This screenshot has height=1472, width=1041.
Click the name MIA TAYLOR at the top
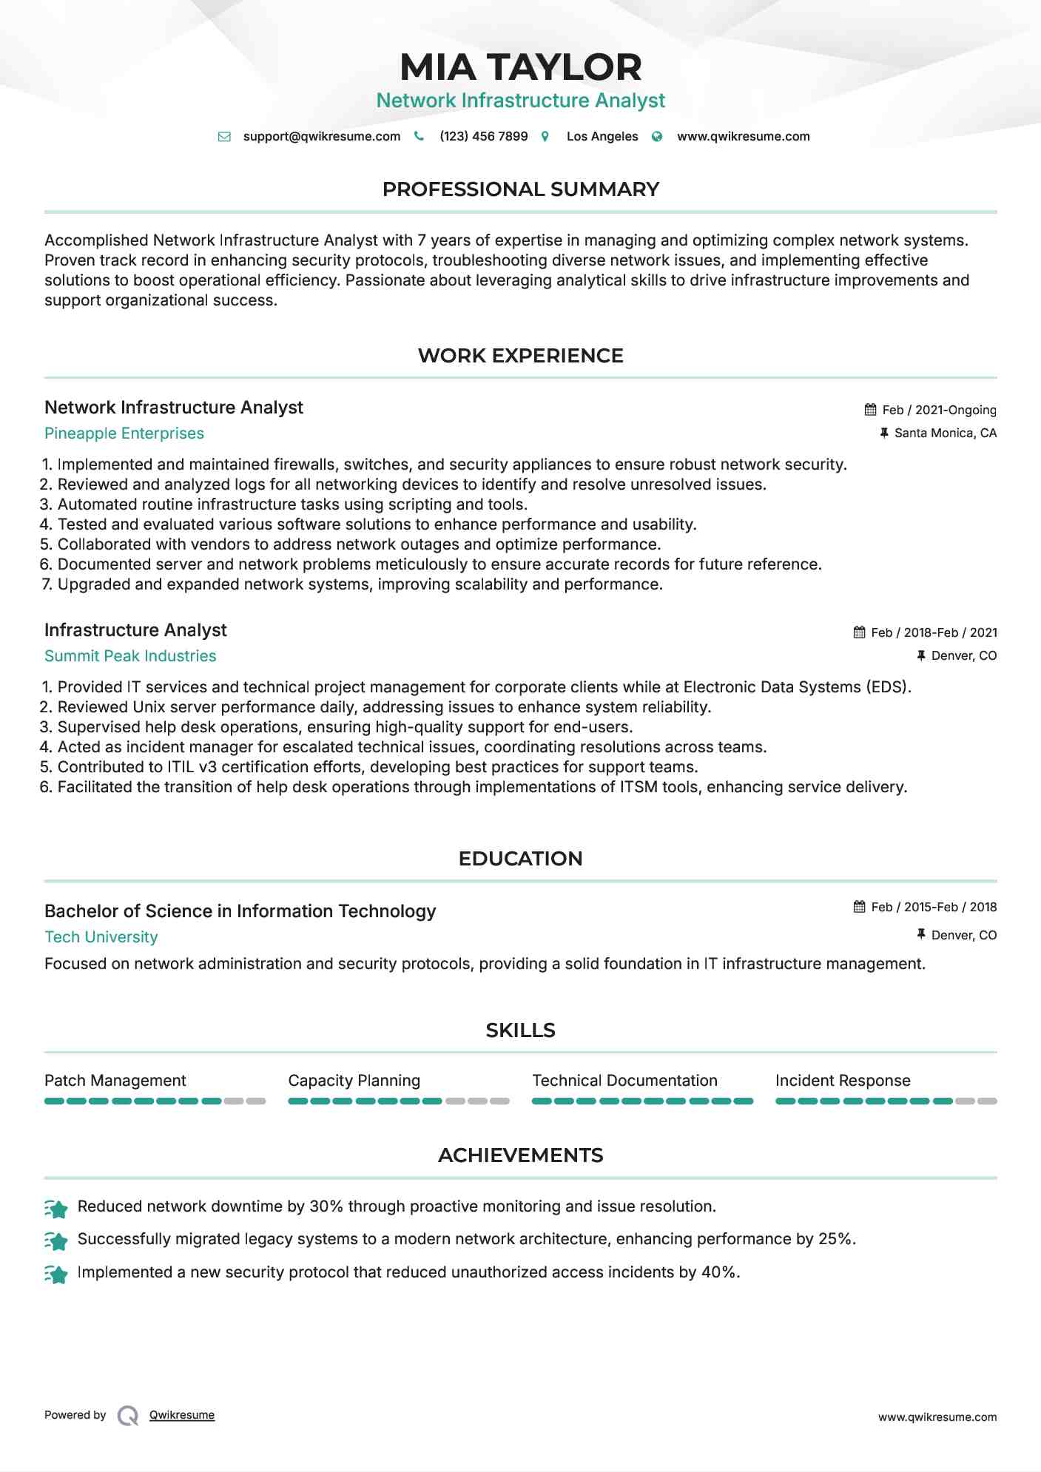point(520,67)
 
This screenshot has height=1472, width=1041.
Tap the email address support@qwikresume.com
point(321,136)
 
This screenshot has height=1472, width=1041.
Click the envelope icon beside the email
point(224,136)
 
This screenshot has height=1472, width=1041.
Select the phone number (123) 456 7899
point(483,136)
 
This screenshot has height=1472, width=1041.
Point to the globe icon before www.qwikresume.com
point(657,136)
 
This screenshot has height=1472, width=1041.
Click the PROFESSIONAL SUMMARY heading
point(520,189)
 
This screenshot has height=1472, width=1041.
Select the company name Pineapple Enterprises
point(124,433)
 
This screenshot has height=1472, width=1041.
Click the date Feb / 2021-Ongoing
point(939,410)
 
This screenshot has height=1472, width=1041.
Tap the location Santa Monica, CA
point(945,433)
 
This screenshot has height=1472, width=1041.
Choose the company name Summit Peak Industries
point(130,656)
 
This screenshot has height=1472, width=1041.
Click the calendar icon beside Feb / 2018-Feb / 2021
point(859,632)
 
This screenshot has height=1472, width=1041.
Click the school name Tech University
point(101,937)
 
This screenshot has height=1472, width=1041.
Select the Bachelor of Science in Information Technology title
point(240,911)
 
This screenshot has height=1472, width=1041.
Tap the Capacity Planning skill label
point(354,1081)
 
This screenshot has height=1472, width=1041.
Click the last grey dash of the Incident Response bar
point(987,1101)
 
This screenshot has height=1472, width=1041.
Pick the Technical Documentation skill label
point(624,1081)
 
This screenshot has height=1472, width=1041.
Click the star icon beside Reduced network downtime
point(56,1209)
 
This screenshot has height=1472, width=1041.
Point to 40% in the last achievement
point(719,1272)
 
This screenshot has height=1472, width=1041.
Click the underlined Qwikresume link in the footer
point(182,1415)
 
